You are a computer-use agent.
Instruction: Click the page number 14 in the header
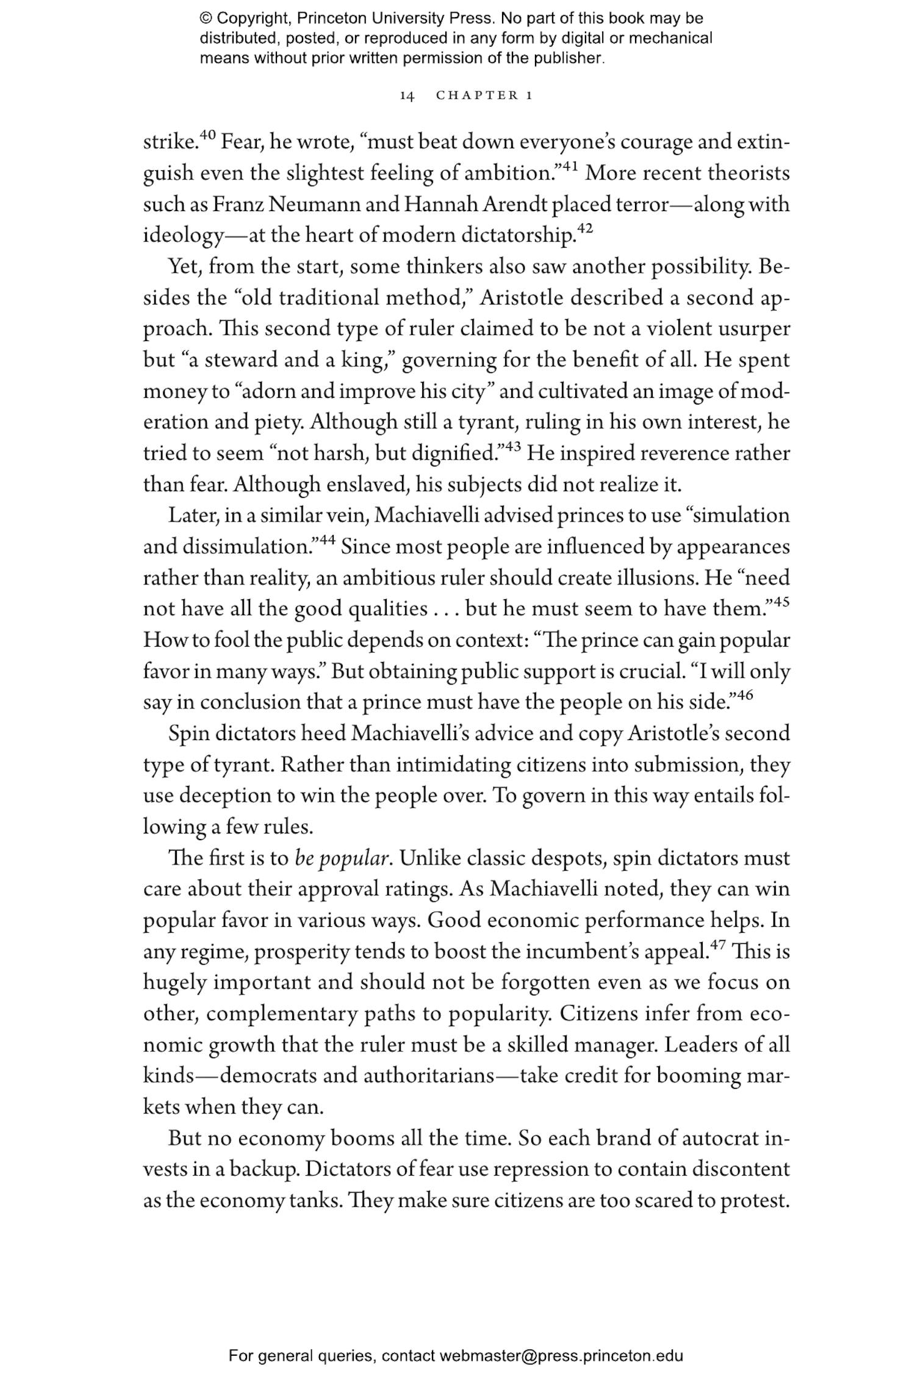pyautogui.click(x=407, y=96)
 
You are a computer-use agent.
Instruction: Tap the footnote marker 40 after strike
pyautogui.click(x=207, y=135)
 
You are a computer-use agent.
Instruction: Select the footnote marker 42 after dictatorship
pyautogui.click(x=584, y=229)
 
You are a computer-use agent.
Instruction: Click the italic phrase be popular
pyautogui.click(x=341, y=859)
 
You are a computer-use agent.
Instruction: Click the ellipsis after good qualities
pyautogui.click(x=446, y=609)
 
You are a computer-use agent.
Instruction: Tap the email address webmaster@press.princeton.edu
pyautogui.click(x=561, y=1356)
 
